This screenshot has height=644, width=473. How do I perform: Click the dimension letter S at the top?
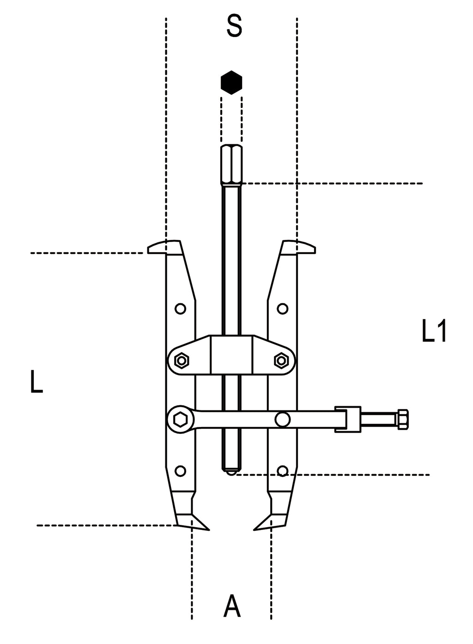tap(234, 26)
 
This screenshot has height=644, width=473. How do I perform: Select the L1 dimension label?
tap(434, 331)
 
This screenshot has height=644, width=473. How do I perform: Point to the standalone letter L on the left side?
tap(36, 382)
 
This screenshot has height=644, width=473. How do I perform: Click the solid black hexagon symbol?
tap(231, 83)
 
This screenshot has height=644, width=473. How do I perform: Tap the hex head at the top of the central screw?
tap(231, 164)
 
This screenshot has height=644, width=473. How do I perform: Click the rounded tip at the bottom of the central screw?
tap(231, 471)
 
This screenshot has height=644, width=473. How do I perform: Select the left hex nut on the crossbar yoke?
tap(182, 360)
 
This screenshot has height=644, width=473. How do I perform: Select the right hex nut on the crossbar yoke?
tap(281, 360)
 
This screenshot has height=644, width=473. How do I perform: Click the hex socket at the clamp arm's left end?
tap(180, 420)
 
